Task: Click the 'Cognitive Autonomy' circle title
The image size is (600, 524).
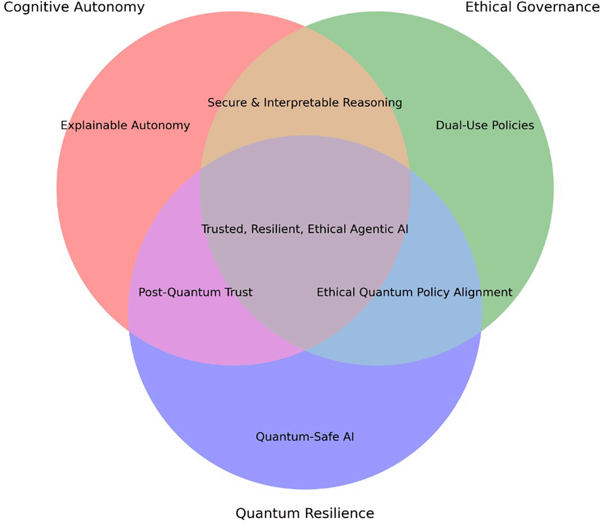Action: pos(74,7)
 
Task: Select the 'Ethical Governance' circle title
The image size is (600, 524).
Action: pos(532,7)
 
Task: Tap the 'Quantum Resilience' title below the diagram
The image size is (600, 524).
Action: pos(305,513)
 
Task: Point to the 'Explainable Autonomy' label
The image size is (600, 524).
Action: pos(125,125)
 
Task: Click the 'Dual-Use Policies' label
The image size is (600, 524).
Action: pos(485,125)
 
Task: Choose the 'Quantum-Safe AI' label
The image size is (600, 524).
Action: pos(305,437)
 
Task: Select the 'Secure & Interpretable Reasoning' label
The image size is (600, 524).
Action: pos(305,103)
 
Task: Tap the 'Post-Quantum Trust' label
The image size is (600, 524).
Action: pos(196,292)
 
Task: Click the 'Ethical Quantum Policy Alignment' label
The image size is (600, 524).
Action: pos(415,292)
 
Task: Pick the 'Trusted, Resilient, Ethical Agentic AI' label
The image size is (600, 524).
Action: pos(305,229)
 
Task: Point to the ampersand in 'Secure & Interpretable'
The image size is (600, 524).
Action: pos(255,103)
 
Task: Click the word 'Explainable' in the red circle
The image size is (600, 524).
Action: pos(94,125)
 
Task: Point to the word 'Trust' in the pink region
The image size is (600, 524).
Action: pos(238,292)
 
